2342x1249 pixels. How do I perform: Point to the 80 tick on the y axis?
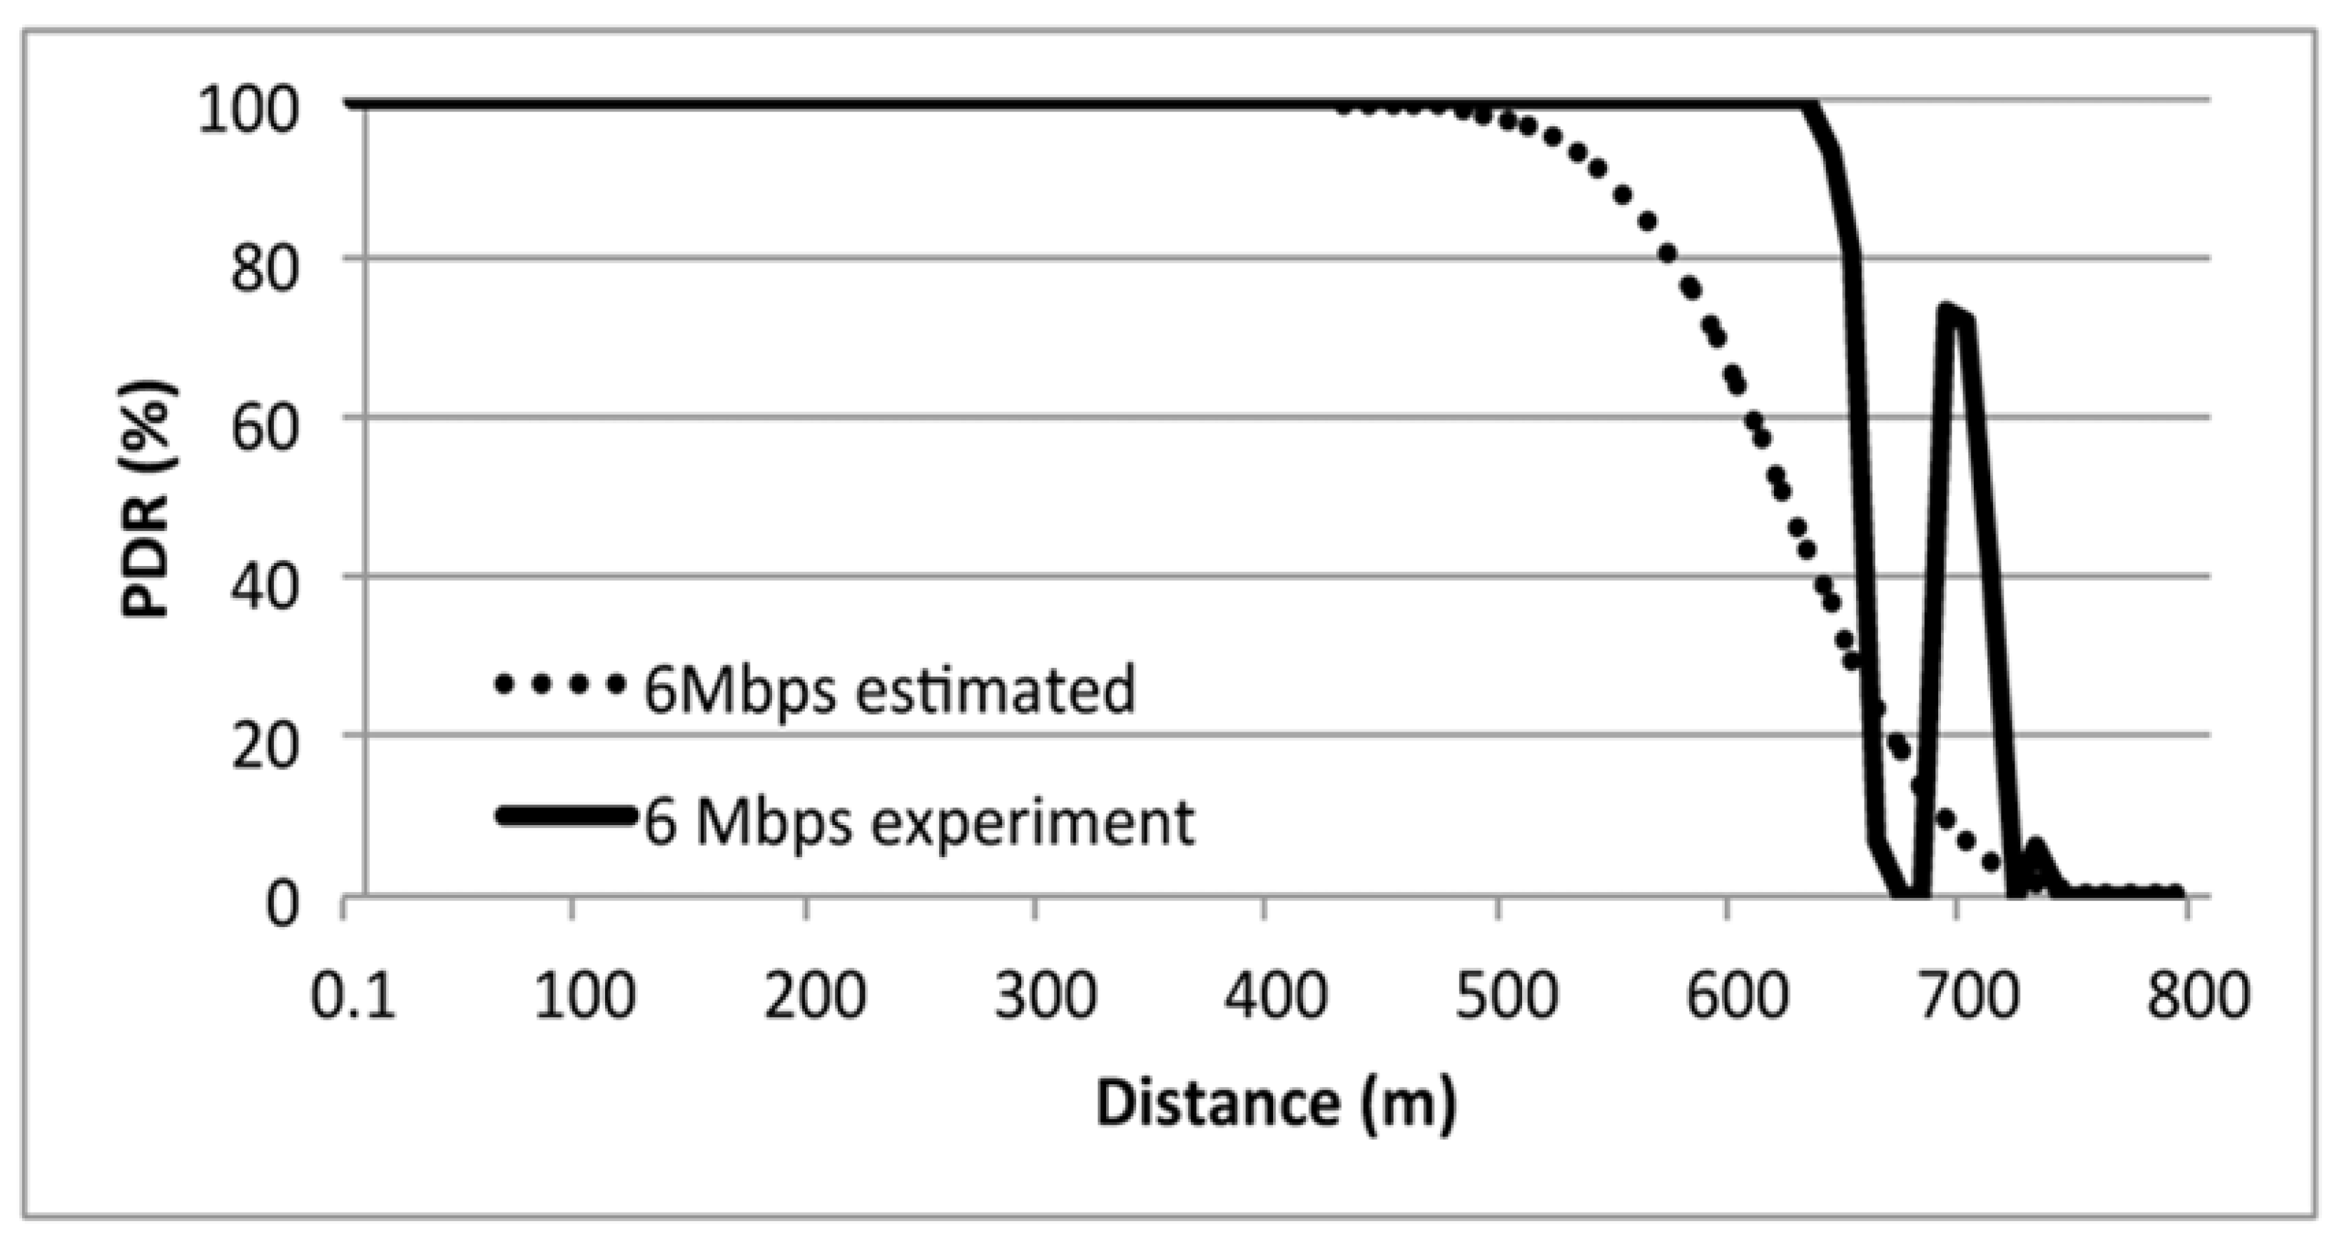[x=263, y=269]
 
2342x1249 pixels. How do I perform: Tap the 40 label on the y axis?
[x=263, y=587]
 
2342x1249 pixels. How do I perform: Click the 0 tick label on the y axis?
[x=281, y=904]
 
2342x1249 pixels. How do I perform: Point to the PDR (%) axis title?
[x=147, y=500]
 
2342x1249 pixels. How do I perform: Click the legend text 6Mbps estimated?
[x=889, y=689]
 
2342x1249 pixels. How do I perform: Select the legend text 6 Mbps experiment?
[x=918, y=823]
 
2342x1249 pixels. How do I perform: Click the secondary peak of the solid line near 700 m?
[x=1947, y=309]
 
